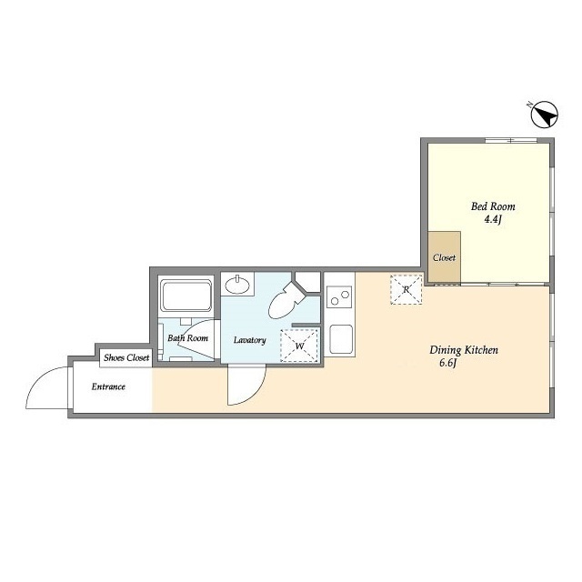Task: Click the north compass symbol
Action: click(544, 115)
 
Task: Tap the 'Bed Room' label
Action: click(493, 206)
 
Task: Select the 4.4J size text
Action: click(493, 220)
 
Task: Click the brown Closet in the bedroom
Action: click(445, 256)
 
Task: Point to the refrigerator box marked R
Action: click(406, 289)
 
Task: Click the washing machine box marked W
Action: click(299, 346)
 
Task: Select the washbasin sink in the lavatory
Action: click(237, 285)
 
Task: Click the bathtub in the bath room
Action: click(186, 296)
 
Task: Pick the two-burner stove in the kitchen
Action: click(339, 297)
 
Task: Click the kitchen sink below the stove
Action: click(341, 339)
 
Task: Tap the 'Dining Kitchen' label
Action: click(464, 350)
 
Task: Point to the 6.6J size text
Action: click(447, 363)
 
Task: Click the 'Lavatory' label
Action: click(250, 340)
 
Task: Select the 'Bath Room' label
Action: click(187, 338)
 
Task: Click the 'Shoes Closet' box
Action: click(126, 357)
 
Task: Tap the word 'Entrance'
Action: click(108, 386)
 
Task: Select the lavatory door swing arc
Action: click(256, 393)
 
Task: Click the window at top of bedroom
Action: click(511, 140)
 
